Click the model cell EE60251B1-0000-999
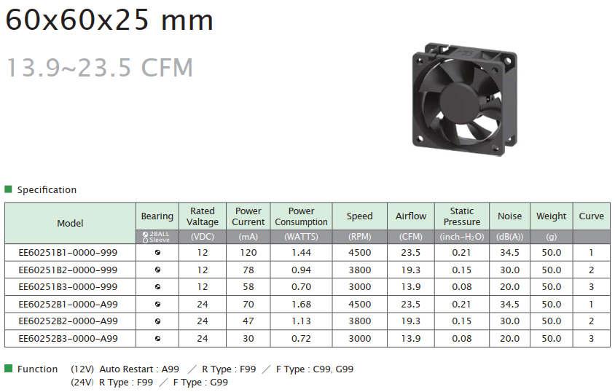[68, 253]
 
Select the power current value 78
[248, 270]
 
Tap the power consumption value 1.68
[301, 304]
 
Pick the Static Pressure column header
[462, 216]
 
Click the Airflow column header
[411, 216]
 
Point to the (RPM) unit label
[360, 237]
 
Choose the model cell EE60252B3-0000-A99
[68, 339]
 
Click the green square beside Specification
[8, 189]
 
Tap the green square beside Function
[8, 369]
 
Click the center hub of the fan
[459, 99]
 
